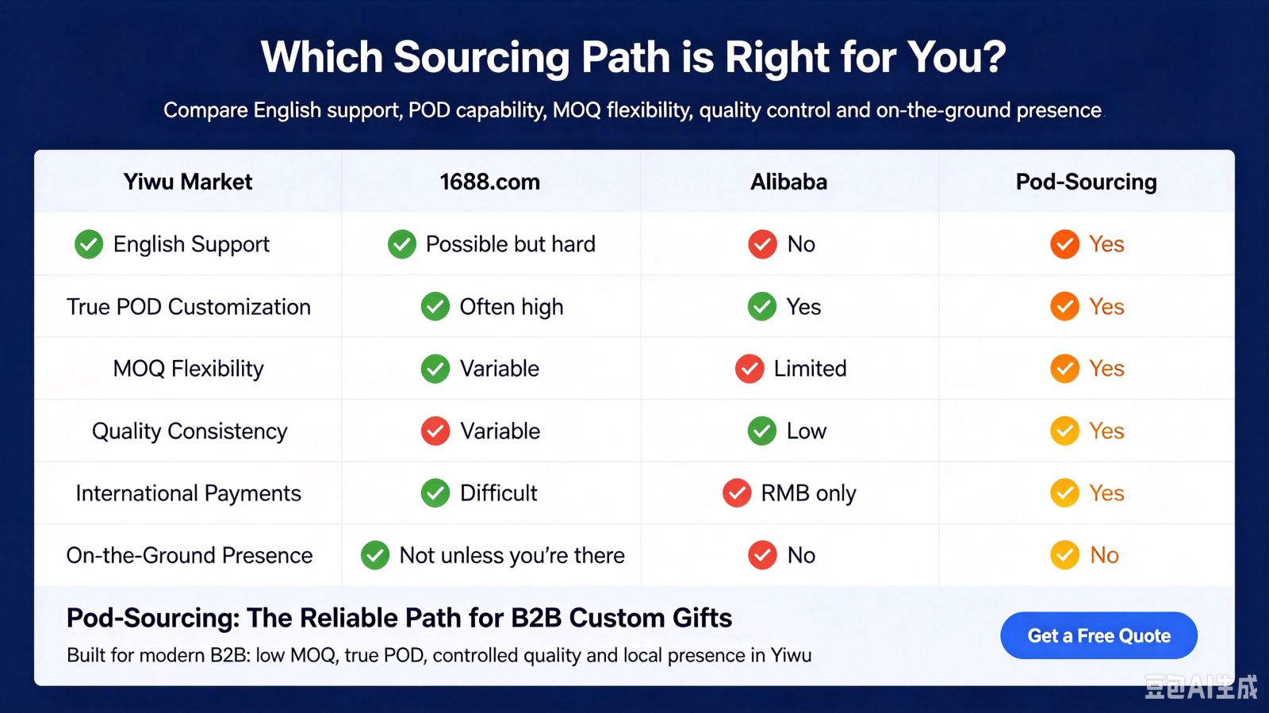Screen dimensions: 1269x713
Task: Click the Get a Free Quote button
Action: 1098,635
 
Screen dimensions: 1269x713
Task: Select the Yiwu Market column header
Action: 187,182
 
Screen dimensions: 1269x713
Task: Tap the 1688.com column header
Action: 490,182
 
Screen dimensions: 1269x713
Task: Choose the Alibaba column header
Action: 788,182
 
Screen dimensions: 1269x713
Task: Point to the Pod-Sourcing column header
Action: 1086,182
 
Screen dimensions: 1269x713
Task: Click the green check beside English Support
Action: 89,244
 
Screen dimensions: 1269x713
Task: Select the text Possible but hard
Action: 511,244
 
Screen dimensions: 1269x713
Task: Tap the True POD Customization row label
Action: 189,307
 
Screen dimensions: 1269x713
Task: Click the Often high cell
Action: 512,307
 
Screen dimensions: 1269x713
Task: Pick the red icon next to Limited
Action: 750,369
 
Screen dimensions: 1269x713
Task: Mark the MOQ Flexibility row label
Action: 189,369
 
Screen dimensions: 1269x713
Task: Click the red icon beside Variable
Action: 435,431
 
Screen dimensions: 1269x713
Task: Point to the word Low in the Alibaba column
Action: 806,431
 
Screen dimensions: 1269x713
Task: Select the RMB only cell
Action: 808,493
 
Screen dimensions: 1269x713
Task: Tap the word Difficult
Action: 499,493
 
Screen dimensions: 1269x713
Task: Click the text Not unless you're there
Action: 512,555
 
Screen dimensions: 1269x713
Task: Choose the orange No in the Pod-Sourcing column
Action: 1104,555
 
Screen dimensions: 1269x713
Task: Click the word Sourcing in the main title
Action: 481,58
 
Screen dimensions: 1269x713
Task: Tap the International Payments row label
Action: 189,493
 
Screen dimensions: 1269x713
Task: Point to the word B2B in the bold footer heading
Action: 536,618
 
